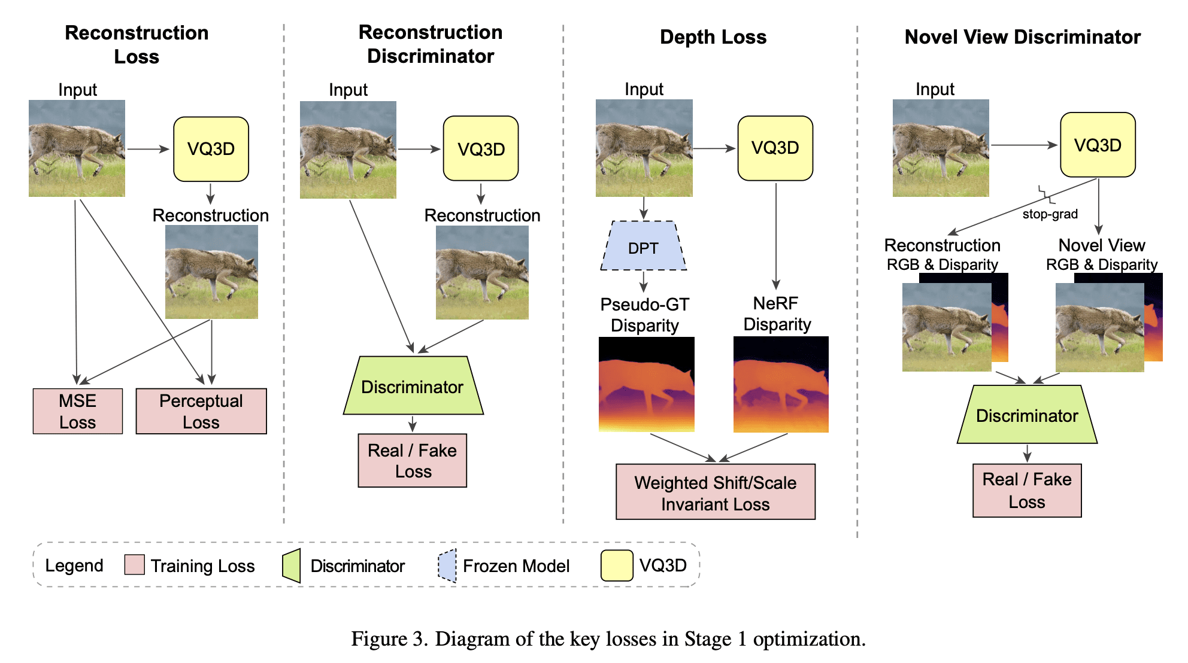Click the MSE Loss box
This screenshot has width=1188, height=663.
pyautogui.click(x=78, y=411)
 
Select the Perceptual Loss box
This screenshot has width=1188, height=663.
pyautogui.click(x=201, y=411)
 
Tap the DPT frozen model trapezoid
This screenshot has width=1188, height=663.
pyautogui.click(x=644, y=246)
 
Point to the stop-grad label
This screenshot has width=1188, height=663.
pyautogui.click(x=1050, y=214)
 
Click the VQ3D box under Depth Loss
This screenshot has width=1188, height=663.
pyautogui.click(x=775, y=148)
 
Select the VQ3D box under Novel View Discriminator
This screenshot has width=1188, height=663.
pyautogui.click(x=1098, y=145)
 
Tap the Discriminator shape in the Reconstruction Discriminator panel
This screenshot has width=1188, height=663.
pyautogui.click(x=413, y=386)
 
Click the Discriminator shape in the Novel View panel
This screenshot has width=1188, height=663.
pyautogui.click(x=1027, y=415)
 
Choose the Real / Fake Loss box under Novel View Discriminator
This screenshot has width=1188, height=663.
pyautogui.click(x=1027, y=490)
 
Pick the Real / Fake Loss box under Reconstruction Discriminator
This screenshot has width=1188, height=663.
pyautogui.click(x=413, y=460)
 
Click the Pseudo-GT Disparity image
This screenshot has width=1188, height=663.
pyautogui.click(x=647, y=384)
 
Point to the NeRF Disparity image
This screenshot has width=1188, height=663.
pyautogui.click(x=781, y=384)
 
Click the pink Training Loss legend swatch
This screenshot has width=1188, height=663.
pyautogui.click(x=135, y=564)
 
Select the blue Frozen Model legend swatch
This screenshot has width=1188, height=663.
pyautogui.click(x=447, y=565)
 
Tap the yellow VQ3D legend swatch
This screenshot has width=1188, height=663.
pyautogui.click(x=617, y=565)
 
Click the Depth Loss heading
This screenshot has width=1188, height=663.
pyautogui.click(x=713, y=37)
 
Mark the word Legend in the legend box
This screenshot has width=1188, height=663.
pyautogui.click(x=74, y=565)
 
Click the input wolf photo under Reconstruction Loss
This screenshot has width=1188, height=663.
pyautogui.click(x=77, y=148)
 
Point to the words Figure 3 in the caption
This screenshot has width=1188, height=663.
pyautogui.click(x=389, y=639)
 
